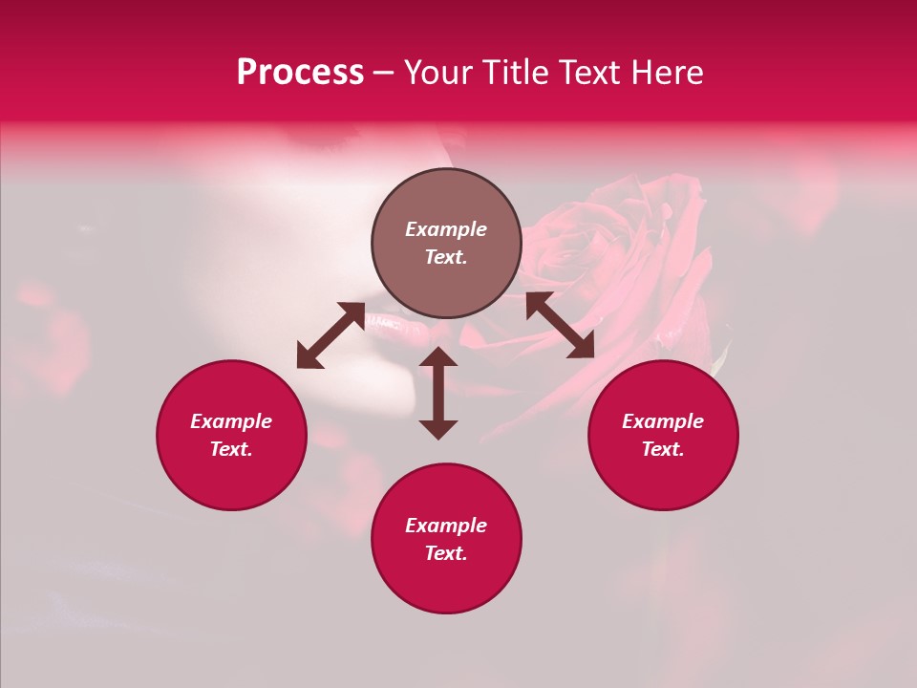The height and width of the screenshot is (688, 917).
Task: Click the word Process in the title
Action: (x=300, y=73)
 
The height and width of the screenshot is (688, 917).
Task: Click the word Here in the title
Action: (x=668, y=73)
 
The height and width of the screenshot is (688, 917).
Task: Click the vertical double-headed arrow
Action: (x=438, y=393)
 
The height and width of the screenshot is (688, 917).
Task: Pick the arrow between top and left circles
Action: (x=331, y=335)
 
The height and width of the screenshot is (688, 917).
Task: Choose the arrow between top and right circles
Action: (x=560, y=325)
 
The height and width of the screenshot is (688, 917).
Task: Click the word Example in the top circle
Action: (x=446, y=229)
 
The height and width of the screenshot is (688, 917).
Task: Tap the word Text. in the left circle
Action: (x=231, y=449)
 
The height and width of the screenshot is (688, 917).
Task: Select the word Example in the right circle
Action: (x=663, y=421)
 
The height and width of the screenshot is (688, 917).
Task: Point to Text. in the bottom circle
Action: (x=446, y=553)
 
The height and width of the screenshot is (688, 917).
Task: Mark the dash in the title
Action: (x=384, y=74)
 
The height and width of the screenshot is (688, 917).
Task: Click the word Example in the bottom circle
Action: (x=446, y=526)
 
